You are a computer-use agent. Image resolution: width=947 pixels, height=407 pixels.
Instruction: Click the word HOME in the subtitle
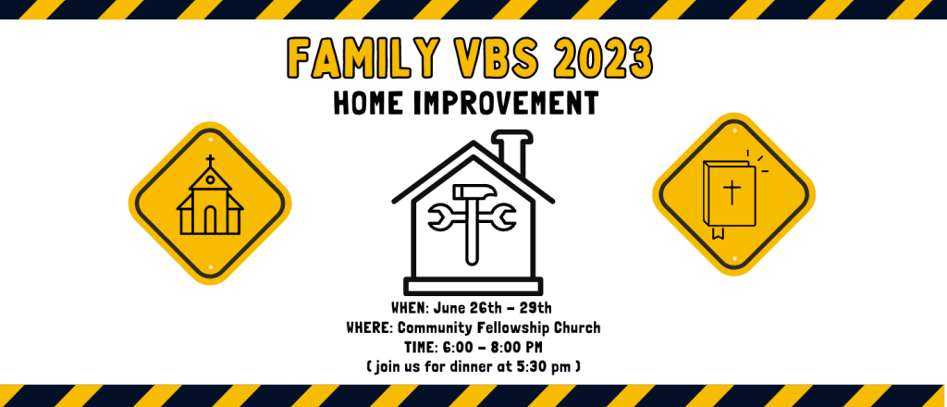[369, 103]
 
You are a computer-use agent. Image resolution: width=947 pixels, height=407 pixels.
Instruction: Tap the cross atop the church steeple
[210, 161]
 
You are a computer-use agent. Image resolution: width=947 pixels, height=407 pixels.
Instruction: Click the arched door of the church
[210, 220]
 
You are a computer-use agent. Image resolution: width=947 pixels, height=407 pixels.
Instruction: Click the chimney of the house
[512, 152]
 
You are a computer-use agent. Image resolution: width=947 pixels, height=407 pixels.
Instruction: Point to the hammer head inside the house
[475, 192]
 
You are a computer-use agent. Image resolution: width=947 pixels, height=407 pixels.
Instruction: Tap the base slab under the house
[473, 286]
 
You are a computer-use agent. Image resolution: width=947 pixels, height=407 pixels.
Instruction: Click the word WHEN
[410, 309]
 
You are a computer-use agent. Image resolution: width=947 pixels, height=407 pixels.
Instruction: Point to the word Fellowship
[513, 329]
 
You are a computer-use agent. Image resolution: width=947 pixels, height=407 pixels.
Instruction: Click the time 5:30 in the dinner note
[531, 367]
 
